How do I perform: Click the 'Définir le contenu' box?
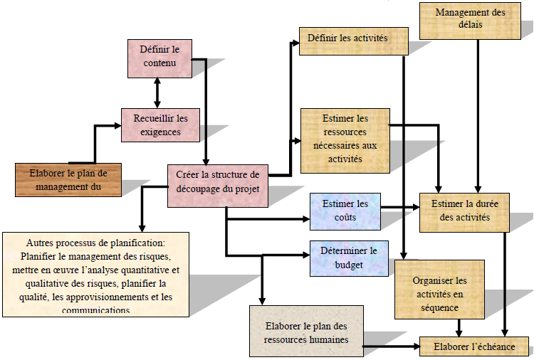(160, 58)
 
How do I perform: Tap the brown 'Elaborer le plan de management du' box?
(68, 180)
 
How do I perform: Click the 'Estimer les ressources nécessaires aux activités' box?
(345, 139)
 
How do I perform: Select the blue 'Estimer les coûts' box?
(345, 211)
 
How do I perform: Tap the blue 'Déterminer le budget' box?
(345, 258)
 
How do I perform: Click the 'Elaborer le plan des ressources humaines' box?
(306, 331)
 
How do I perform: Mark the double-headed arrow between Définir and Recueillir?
(157, 93)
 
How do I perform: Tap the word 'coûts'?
(344, 217)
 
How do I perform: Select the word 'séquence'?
(439, 307)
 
